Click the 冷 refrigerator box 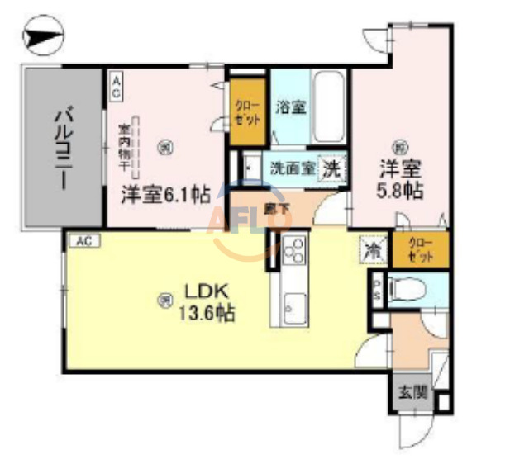(x=373, y=249)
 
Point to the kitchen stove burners (x=293, y=249)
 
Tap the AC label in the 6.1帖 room (x=117, y=87)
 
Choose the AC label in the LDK (x=82, y=241)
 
